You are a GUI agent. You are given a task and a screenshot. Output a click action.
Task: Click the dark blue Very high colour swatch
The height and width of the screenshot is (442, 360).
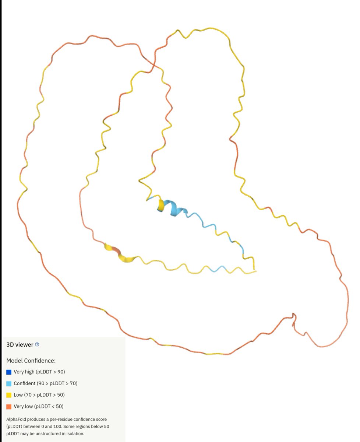[x=9, y=372]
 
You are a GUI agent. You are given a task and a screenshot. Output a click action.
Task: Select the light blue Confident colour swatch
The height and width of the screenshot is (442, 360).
[x=9, y=383]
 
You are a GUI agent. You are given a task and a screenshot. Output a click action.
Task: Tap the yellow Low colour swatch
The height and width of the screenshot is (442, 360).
[x=9, y=395]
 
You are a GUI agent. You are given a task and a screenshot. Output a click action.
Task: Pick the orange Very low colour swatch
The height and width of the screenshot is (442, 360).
[x=9, y=407]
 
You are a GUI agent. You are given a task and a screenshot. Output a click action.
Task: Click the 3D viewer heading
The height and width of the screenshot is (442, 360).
[x=20, y=345]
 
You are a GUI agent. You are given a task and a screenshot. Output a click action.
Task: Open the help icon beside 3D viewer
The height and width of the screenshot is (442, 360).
[x=37, y=345]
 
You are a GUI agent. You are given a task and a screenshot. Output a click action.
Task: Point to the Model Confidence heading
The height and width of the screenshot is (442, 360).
[x=31, y=361]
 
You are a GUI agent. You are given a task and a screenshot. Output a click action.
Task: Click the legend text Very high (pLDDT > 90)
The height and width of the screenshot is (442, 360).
[x=39, y=372]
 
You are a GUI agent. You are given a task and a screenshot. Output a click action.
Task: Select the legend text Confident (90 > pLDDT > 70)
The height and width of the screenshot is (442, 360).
[x=46, y=383]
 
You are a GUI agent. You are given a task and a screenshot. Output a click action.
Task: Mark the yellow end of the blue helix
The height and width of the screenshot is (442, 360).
[x=161, y=205]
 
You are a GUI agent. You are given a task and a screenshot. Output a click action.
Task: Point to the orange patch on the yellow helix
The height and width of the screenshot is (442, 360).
[x=116, y=251]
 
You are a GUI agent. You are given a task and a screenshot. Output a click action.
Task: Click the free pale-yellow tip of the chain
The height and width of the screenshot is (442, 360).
[x=255, y=271]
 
